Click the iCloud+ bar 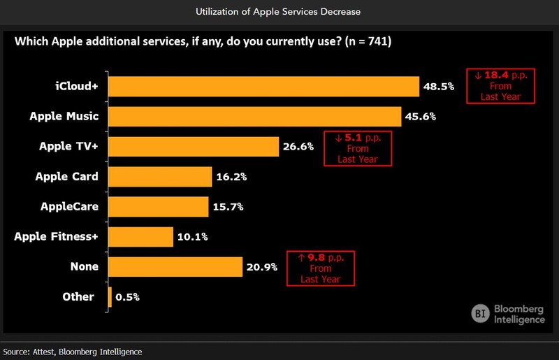(264, 87)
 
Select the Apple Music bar (255, 116)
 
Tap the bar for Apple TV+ (194, 146)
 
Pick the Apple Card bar (160, 176)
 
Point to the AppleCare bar (159, 206)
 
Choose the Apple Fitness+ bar (141, 236)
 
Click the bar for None (175, 266)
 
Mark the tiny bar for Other (110, 296)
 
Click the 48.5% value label (438, 87)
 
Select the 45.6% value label (420, 116)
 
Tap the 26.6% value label (298, 146)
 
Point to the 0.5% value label (128, 296)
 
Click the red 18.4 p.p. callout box (500, 85)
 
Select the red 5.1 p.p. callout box (357, 147)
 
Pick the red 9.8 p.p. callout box (321, 267)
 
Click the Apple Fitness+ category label (56, 236)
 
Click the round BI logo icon (481, 313)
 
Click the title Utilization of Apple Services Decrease (279, 13)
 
